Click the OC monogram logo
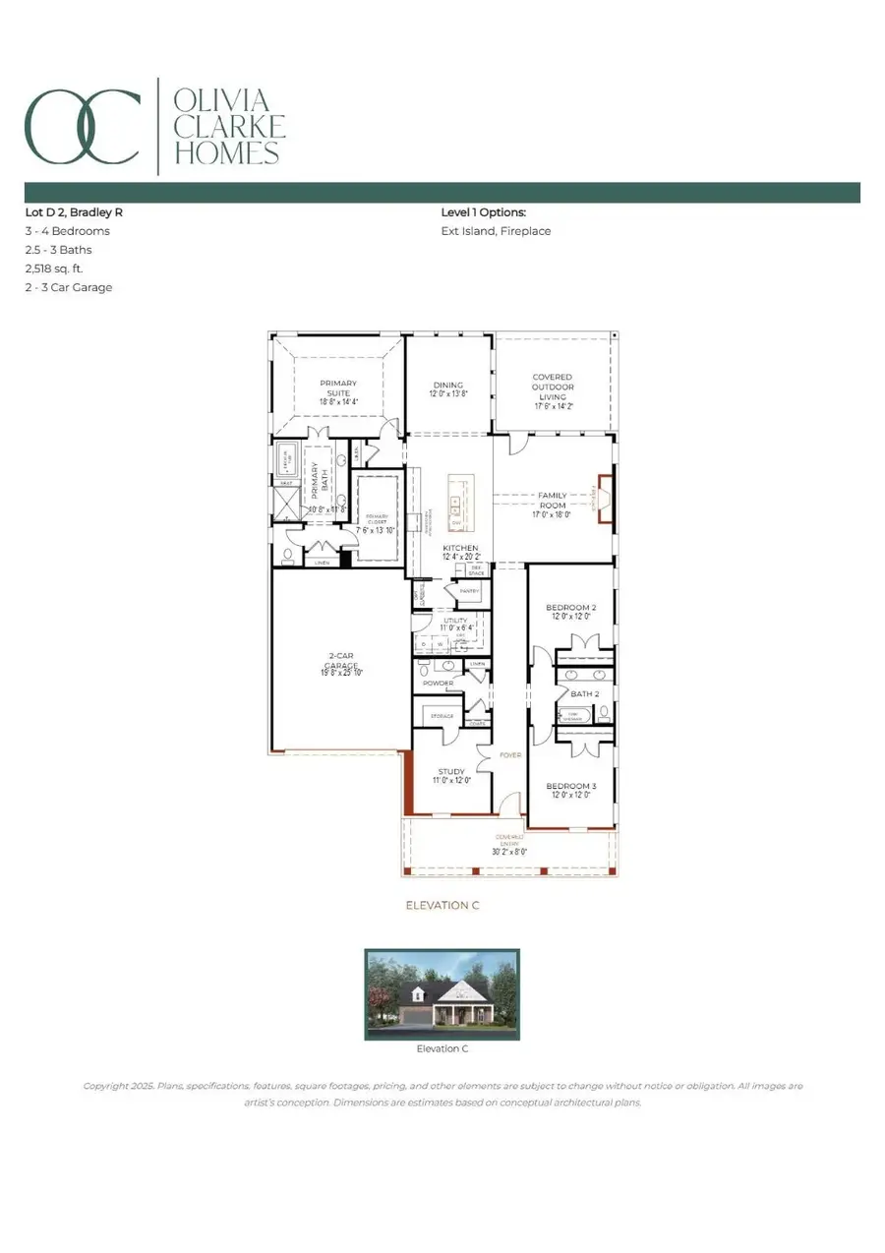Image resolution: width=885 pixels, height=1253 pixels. tap(83, 126)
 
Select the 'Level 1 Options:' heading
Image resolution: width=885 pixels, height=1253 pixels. tap(483, 212)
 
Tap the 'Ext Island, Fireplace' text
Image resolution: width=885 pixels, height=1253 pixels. tap(496, 231)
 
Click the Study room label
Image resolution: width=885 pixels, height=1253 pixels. tap(452, 774)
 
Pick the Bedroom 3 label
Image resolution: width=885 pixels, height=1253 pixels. tap(571, 791)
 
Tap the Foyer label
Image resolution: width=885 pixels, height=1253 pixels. tap(509, 756)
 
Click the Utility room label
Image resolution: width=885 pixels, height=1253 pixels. tap(457, 624)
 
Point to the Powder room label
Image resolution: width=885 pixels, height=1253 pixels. tap(438, 683)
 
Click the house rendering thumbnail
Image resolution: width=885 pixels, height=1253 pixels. tap(442, 993)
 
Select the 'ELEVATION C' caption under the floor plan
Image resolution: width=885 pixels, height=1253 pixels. tap(442, 905)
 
